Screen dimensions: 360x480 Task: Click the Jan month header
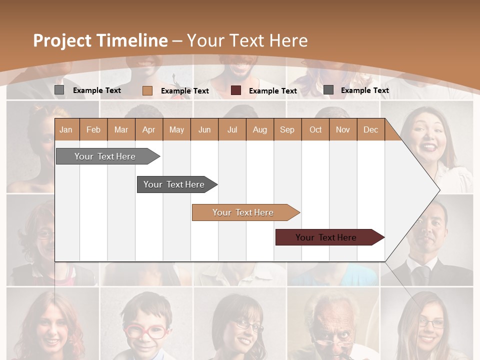pos(66,129)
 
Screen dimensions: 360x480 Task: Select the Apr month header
pos(148,129)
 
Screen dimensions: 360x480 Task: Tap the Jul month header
pos(232,129)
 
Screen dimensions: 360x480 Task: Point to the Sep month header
pos(287,129)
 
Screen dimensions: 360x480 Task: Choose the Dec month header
pos(370,129)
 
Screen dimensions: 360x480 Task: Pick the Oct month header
pos(315,129)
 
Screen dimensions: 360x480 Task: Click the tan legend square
pos(147,90)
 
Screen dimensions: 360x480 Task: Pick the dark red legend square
pos(236,90)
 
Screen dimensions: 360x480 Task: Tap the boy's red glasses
pos(144,331)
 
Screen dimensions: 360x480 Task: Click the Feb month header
pos(93,129)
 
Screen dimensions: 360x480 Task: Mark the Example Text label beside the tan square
pos(184,91)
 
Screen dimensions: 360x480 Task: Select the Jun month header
pos(204,129)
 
